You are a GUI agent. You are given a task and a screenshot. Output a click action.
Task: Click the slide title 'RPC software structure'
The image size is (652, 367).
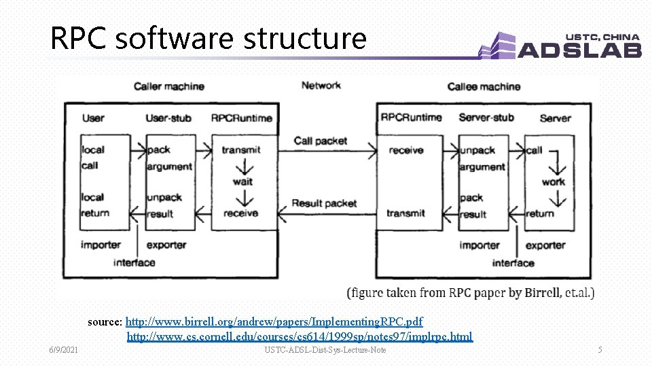(x=208, y=39)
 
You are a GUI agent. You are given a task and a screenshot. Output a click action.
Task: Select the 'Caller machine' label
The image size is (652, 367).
(x=169, y=86)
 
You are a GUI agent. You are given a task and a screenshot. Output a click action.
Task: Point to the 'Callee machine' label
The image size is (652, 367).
(x=484, y=86)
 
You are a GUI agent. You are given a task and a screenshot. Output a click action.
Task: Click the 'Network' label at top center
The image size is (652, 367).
(x=321, y=86)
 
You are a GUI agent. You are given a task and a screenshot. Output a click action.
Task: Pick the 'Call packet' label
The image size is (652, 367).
(x=321, y=141)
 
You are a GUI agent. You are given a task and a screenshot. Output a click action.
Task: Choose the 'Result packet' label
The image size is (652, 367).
(x=324, y=203)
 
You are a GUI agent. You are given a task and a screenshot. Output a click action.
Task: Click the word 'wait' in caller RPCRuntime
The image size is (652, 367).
(x=242, y=181)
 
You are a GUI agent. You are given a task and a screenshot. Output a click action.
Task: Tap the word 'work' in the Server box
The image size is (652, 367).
(x=553, y=181)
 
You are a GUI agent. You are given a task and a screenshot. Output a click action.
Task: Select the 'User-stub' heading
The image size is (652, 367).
(x=168, y=118)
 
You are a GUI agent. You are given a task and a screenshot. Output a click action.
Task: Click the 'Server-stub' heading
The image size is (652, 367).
(x=486, y=118)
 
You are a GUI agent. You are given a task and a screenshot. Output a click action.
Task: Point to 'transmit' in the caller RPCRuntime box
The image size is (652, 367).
(x=241, y=150)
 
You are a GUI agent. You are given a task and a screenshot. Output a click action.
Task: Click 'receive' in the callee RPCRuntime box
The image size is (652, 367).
(x=406, y=150)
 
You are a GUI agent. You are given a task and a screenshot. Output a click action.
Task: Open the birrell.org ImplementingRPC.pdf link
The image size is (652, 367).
(x=274, y=321)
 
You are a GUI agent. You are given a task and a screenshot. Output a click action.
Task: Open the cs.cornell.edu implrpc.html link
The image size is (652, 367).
(x=300, y=336)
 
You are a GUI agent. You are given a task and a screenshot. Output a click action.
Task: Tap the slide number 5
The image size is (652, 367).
(x=600, y=350)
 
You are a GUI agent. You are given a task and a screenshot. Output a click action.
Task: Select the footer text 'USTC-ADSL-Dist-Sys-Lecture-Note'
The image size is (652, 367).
(x=325, y=350)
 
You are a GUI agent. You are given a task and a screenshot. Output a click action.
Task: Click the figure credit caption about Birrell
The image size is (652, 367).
(x=471, y=293)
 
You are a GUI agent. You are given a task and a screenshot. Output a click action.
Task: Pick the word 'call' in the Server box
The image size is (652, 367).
(x=535, y=150)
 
